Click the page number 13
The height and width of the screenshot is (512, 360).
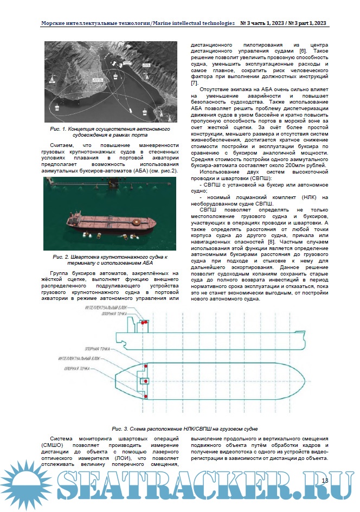(325, 481)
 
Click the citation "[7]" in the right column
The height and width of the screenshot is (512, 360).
(194, 82)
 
